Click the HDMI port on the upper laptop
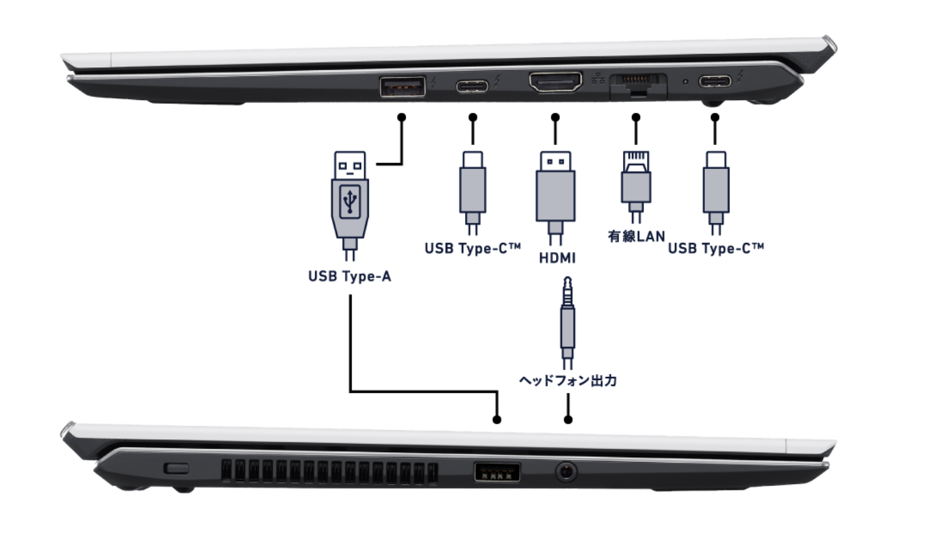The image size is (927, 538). click(555, 84)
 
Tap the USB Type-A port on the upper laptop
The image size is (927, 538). click(403, 86)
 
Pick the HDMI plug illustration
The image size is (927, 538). click(555, 192)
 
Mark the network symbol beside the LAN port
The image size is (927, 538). click(599, 79)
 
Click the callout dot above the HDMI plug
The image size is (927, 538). click(555, 118)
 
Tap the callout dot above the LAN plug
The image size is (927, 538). click(636, 118)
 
